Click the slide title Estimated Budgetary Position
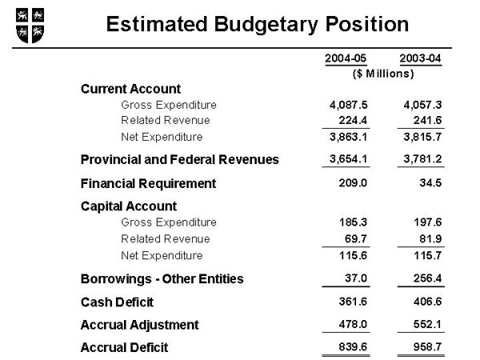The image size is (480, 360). tap(257, 24)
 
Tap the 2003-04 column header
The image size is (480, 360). tap(420, 58)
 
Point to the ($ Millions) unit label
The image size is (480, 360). tap(383, 74)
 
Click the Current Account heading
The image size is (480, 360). tap(130, 89)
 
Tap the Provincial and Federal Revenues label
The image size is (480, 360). tap(180, 159)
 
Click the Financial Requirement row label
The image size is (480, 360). tap(148, 183)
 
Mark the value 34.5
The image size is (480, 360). tap(428, 183)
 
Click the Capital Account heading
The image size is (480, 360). tap(128, 206)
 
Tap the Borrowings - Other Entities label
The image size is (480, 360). tap(162, 279)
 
